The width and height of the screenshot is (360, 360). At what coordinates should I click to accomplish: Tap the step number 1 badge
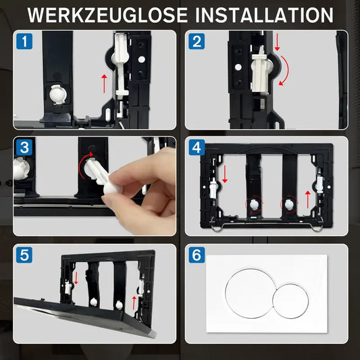24,42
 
